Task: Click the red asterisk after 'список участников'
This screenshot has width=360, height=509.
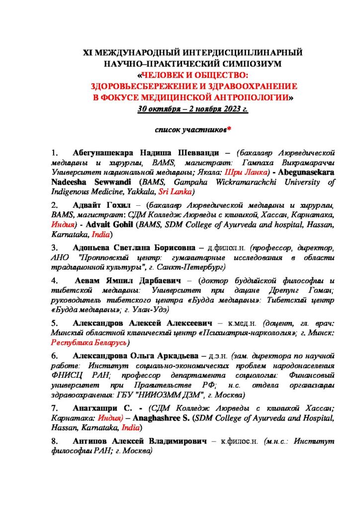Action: (229, 130)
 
